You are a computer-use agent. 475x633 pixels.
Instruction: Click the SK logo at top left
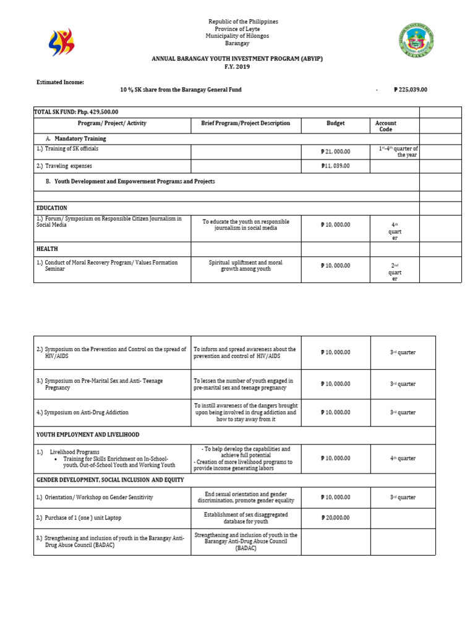(61, 43)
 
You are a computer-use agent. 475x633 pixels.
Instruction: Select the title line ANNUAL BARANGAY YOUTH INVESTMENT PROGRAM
(238, 57)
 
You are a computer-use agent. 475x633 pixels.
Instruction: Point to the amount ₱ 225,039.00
(410, 90)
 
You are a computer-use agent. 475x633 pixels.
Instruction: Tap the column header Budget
(336, 123)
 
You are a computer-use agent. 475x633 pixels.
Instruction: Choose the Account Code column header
(385, 126)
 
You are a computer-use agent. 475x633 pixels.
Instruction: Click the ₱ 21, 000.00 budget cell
(336, 151)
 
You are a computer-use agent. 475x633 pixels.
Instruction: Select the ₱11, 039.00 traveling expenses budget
(336, 166)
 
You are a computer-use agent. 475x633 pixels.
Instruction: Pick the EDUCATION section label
(52, 208)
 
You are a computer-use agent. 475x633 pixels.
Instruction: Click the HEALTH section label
(47, 249)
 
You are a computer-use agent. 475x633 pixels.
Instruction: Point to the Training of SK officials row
(67, 148)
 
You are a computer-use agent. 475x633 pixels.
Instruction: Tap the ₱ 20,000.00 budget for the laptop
(336, 517)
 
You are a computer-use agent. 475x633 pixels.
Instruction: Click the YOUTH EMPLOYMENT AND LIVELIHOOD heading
(88, 435)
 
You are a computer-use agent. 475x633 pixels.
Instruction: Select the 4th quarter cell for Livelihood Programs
(403, 458)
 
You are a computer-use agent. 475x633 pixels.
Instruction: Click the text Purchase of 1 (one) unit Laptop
(86, 517)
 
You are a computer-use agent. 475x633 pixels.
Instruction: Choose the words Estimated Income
(60, 82)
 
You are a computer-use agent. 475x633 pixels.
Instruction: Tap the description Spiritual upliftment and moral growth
(246, 266)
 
